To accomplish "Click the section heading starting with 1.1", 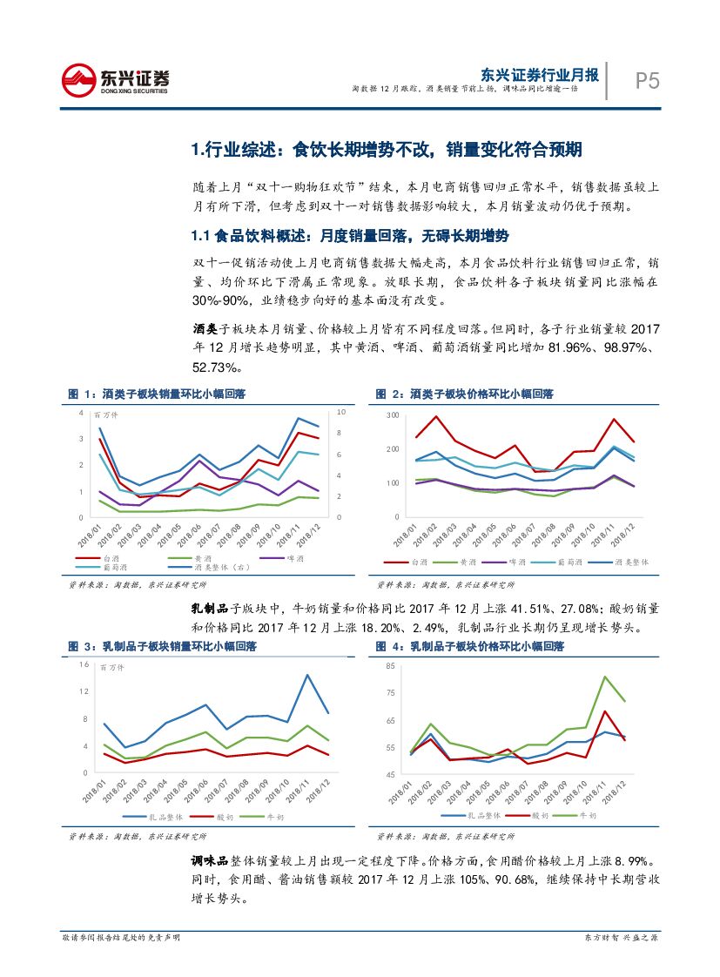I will tap(349, 237).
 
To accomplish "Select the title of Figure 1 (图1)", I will tap(157, 394).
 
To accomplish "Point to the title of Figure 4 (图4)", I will tap(469, 647).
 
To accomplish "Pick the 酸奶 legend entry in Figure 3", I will tap(224, 817).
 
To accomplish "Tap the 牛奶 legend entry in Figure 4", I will tap(592, 816).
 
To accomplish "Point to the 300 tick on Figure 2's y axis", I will tap(391, 416).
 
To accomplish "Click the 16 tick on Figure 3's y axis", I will tap(84, 665).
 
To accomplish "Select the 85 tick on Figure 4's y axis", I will tap(390, 666).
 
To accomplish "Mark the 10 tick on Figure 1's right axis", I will tap(341, 412).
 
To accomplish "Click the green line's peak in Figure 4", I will tap(604, 677).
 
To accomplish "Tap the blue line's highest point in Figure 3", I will tap(307, 675).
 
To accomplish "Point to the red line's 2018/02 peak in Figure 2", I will tap(436, 416).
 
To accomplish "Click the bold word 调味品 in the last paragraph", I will tap(209, 859).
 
